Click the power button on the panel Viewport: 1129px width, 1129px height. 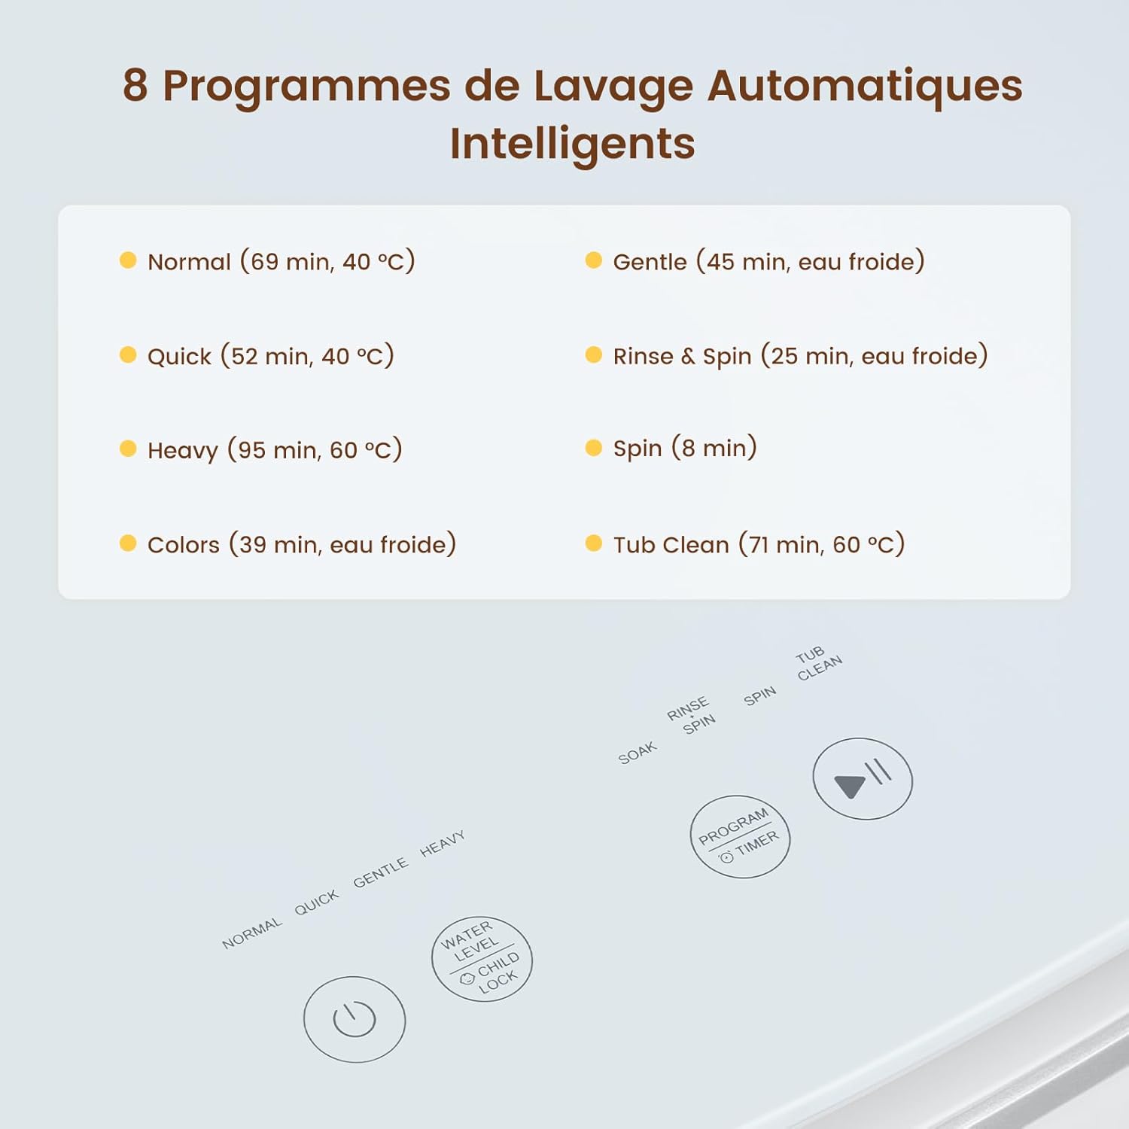tap(355, 1019)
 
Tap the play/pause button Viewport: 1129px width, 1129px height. tap(863, 778)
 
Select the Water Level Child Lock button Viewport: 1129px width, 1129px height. tap(482, 958)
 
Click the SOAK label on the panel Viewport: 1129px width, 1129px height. tap(638, 753)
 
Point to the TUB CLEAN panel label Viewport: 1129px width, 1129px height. tap(818, 663)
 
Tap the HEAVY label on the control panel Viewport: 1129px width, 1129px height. tap(443, 844)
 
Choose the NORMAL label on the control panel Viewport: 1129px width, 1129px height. tap(252, 933)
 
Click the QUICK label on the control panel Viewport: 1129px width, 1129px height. tap(317, 902)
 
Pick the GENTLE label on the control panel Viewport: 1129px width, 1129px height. tap(380, 872)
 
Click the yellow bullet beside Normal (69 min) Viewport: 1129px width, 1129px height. tap(128, 260)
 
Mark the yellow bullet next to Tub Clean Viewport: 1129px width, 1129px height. tap(593, 543)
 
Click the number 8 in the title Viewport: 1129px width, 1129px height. tap(135, 85)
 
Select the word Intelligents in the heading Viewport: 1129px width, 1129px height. tap(572, 143)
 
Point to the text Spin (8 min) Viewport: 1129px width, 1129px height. tap(684, 449)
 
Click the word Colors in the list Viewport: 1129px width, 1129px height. tap(184, 545)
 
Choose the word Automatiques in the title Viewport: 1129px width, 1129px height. tap(864, 85)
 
